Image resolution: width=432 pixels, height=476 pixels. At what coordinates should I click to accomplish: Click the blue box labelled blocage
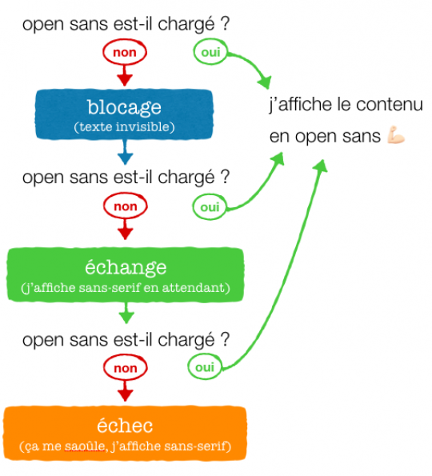[x=124, y=114]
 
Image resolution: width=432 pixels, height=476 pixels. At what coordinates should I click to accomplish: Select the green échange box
[x=126, y=274]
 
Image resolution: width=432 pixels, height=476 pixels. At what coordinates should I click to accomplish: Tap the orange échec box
[x=125, y=433]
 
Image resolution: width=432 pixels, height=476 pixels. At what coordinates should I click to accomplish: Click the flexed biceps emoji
[x=396, y=134]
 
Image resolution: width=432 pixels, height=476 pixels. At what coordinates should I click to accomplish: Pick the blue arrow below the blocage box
[x=125, y=152]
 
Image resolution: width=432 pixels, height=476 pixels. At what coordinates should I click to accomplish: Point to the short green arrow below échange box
[x=126, y=313]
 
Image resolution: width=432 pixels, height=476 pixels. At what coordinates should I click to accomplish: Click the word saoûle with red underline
[x=85, y=446]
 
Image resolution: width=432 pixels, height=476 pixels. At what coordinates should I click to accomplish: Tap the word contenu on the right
[x=389, y=105]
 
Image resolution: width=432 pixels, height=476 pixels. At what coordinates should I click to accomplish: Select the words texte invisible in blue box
[x=125, y=127]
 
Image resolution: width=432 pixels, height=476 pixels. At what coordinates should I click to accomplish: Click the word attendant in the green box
[x=193, y=287]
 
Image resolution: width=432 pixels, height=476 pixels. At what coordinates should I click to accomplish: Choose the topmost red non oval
[x=125, y=52]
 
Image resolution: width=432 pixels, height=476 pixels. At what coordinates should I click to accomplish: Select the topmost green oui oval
[x=210, y=52]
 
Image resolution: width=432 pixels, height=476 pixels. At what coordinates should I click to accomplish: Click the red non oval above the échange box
[x=126, y=206]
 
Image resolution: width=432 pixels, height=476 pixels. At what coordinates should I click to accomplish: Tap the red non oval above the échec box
[x=126, y=368]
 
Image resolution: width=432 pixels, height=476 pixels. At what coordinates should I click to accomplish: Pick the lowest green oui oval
[x=205, y=367]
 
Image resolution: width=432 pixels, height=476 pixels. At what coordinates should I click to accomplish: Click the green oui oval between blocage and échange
[x=210, y=207]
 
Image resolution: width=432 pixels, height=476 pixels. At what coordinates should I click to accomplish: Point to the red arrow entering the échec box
[x=125, y=390]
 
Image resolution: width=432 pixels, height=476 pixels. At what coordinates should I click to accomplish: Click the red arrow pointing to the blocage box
[x=125, y=75]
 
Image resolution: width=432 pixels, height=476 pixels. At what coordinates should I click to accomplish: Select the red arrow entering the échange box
[x=125, y=229]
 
